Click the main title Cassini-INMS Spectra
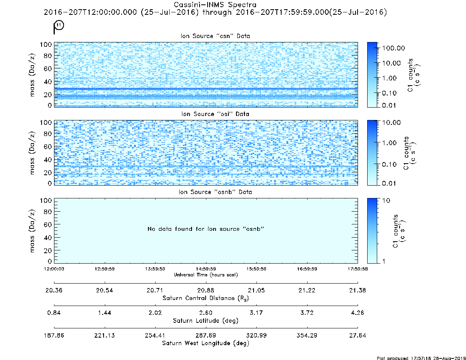215,5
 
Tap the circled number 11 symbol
59,25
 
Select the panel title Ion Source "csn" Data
215,36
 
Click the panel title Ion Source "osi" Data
215,114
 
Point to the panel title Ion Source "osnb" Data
215,192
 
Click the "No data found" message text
206,229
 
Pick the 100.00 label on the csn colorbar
394,48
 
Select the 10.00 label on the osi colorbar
392,122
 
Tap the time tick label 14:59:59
206,269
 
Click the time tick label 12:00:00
54,269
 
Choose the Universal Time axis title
206,275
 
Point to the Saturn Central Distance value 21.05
256,290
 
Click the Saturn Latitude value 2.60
206,313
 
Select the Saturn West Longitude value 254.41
155,335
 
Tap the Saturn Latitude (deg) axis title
206,321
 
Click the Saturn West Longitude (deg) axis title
206,343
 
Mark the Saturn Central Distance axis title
206,298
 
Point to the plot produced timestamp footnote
421,358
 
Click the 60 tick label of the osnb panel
48,225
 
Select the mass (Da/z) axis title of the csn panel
32,75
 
